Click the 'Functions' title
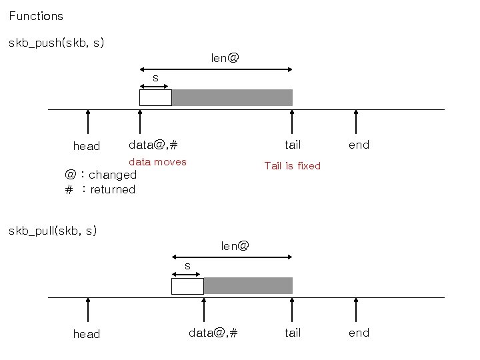[36, 15]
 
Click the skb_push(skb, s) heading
[56, 43]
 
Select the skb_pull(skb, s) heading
[53, 231]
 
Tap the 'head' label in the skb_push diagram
[86, 146]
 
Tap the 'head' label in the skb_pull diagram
[86, 334]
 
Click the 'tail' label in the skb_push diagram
[293, 145]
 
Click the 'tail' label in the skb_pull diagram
[293, 333]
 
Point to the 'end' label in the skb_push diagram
[359, 145]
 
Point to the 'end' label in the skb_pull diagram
[359, 333]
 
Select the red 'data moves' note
[157, 162]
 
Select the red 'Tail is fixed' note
[292, 165]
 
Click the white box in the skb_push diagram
[155, 97]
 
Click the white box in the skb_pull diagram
[187, 286]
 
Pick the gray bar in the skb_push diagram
[232, 97]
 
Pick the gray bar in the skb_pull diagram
[248, 286]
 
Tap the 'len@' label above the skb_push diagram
[225, 58]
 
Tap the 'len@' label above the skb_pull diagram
[235, 246]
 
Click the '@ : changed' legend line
[101, 175]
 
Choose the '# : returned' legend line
[100, 189]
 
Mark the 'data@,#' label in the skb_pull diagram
[213, 333]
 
